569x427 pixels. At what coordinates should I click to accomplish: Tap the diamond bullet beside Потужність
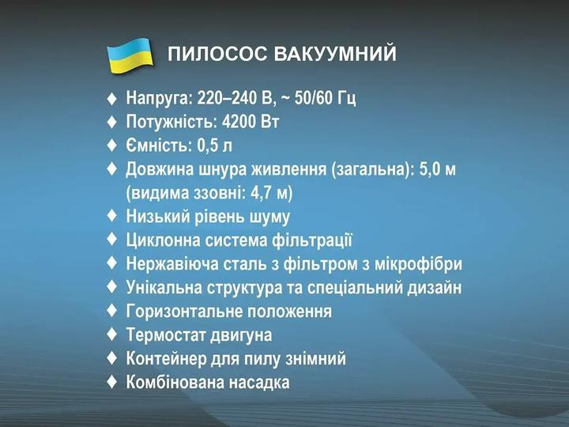click(111, 123)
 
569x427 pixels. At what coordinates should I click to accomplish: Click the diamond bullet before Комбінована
click(111, 382)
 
